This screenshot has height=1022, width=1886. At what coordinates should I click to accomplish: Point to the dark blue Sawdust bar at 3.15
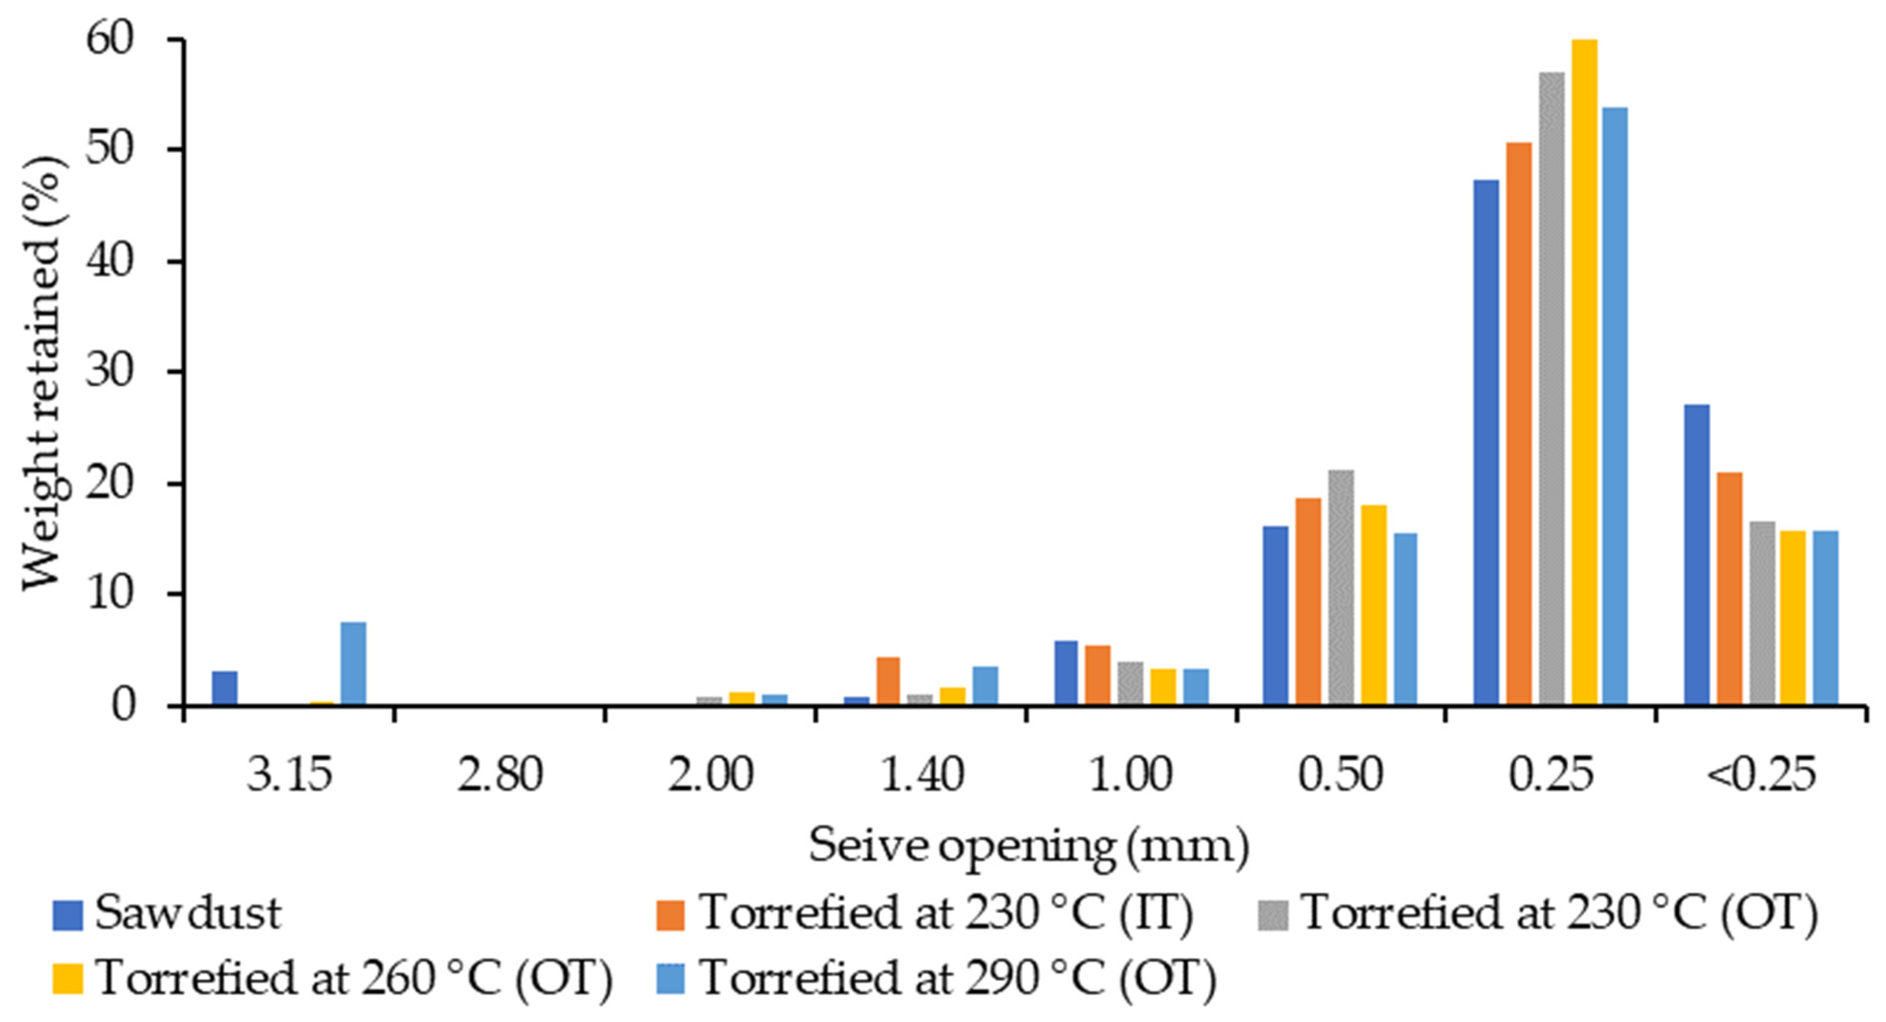coord(225,688)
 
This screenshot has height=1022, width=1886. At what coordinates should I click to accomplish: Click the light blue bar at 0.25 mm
coord(1615,406)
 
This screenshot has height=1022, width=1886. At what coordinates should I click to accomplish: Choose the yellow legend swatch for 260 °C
coord(67,979)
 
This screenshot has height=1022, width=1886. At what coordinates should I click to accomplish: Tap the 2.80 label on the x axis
coord(500,774)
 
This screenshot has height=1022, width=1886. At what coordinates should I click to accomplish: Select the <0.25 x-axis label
coord(1760,774)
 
